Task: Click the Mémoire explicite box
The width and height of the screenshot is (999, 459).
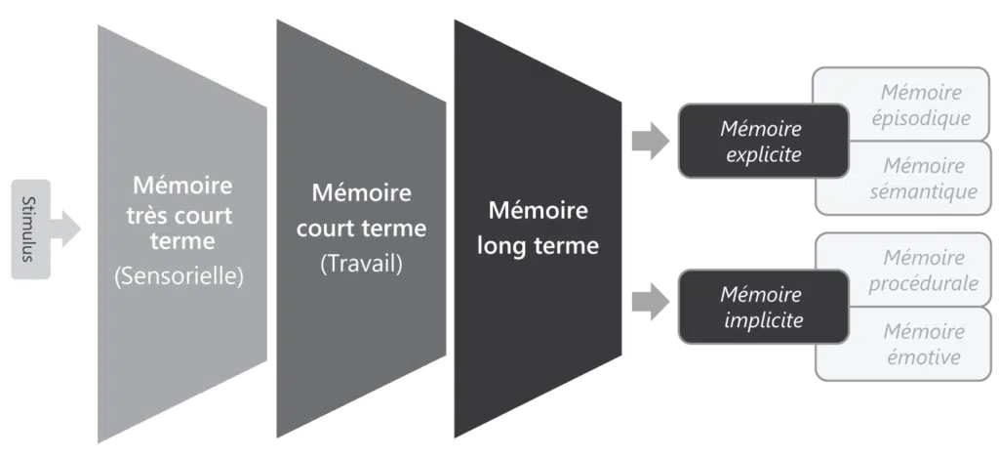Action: point(761,142)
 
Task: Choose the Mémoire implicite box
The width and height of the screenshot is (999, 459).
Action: point(761,307)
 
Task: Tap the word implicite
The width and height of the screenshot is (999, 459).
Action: point(763,318)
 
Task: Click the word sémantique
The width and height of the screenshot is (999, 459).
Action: point(923,191)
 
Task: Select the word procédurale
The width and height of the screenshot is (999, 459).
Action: point(923,283)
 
